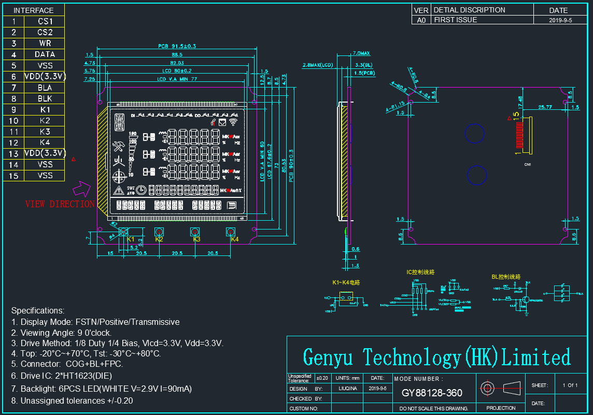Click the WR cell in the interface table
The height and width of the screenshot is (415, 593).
[x=45, y=43]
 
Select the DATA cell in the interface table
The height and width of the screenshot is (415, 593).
[x=45, y=54]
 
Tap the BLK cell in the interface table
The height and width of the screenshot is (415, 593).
[x=45, y=98]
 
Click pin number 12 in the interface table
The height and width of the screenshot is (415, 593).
[x=13, y=142]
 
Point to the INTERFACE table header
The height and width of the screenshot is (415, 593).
[x=33, y=10]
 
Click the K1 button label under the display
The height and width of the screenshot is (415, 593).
[x=130, y=239]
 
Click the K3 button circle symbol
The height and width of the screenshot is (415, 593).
[x=195, y=231]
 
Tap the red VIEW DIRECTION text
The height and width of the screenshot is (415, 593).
[x=60, y=204]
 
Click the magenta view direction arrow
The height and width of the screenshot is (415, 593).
[x=83, y=187]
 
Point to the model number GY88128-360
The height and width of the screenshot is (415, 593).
[x=432, y=393]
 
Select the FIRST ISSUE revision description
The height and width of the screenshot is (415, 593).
[x=456, y=20]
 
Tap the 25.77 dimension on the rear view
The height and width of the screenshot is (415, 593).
[x=545, y=107]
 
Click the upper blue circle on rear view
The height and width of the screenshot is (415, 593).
[x=475, y=133]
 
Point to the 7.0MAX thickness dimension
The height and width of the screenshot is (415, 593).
[x=361, y=53]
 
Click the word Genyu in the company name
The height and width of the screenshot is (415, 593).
[x=328, y=357]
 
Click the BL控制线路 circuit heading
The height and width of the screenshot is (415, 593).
[x=506, y=277]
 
